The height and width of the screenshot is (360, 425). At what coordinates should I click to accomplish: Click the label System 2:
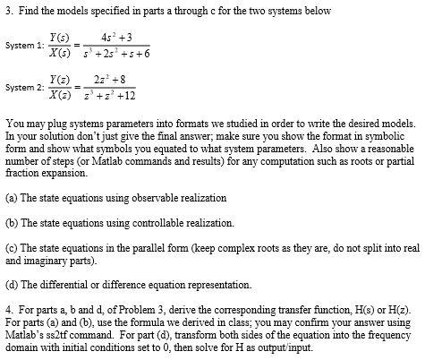point(22,87)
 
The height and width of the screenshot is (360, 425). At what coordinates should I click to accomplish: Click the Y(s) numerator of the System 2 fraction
point(63,79)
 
